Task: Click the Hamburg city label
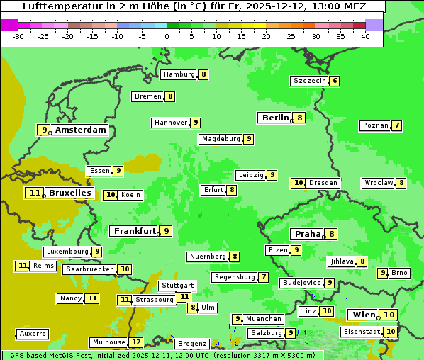(179, 74)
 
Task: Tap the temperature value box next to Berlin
(301, 118)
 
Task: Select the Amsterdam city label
(81, 130)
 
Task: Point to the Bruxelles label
(69, 193)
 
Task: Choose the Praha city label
(308, 234)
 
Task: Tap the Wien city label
(364, 315)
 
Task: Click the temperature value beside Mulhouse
(136, 342)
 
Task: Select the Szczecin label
(310, 81)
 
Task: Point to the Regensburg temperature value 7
(264, 277)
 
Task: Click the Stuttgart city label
(177, 286)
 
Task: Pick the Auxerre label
(33, 333)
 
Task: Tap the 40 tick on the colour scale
(365, 36)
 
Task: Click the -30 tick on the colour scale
(18, 36)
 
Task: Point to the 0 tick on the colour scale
(167, 36)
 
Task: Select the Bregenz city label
(191, 343)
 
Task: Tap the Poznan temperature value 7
(397, 125)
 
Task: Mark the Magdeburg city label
(221, 139)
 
